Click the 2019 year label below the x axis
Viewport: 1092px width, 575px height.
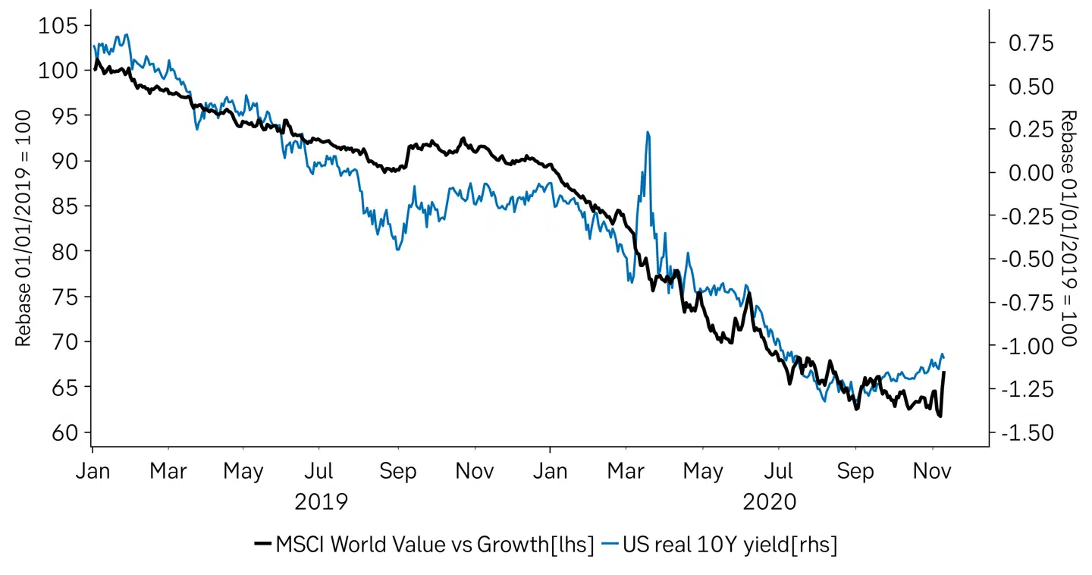[x=322, y=502]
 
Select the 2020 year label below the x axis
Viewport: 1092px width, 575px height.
[x=770, y=502]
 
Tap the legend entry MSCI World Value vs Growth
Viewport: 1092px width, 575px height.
[x=435, y=545]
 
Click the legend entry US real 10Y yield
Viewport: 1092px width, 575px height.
[x=730, y=545]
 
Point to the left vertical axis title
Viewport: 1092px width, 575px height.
[x=24, y=228]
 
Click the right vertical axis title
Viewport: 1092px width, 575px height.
[x=1068, y=228]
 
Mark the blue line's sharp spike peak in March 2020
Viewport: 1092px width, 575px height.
[x=648, y=132]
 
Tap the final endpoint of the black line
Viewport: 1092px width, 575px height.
[x=944, y=372]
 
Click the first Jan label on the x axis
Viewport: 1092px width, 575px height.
[x=93, y=471]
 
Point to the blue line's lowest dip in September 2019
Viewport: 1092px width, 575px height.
[x=397, y=250]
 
